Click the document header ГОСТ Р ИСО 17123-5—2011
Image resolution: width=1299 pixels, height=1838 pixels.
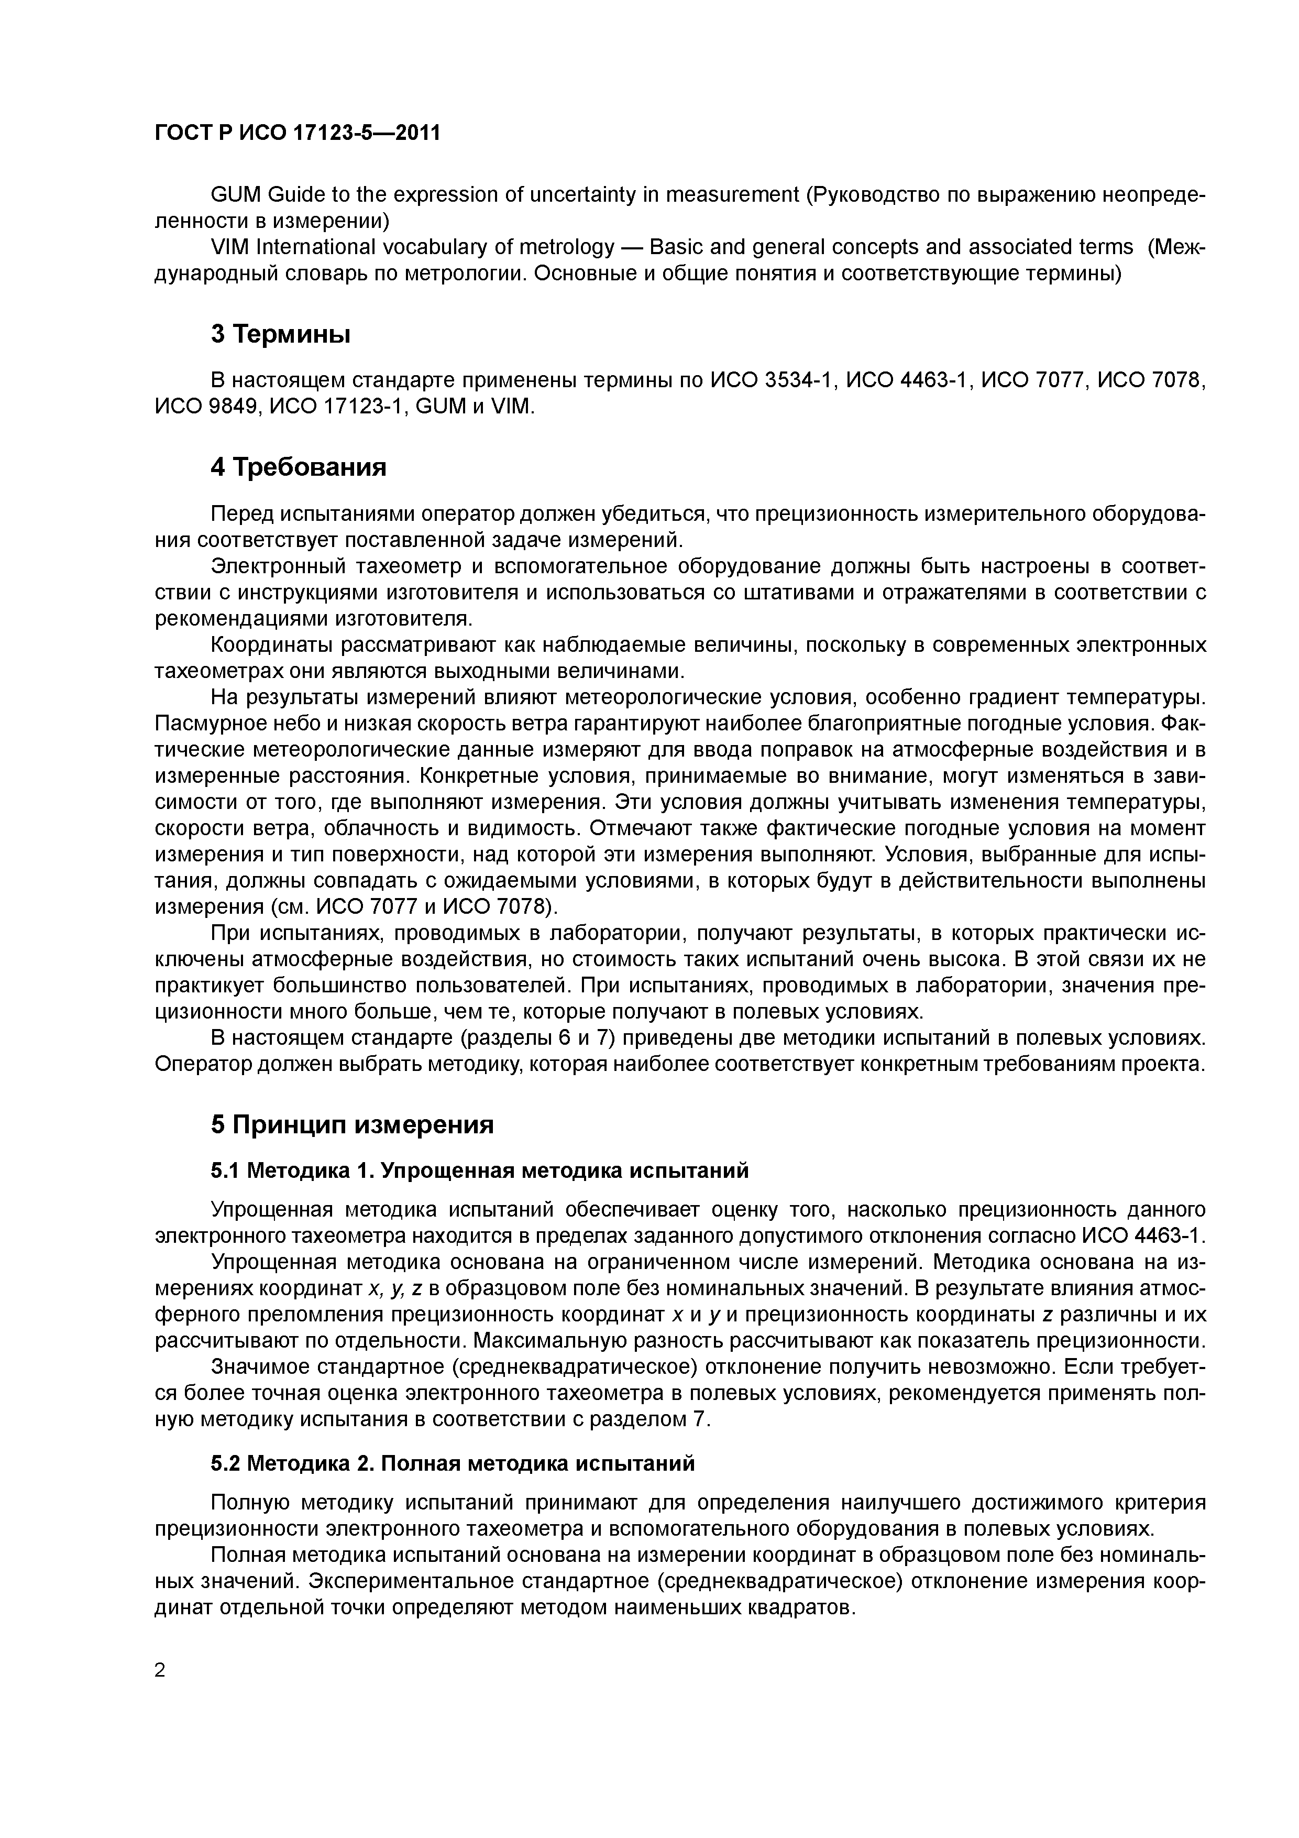pos(297,133)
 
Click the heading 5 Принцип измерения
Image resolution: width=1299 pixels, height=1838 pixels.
pos(352,1125)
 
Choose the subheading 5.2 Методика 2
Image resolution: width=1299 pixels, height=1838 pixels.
pos(452,1463)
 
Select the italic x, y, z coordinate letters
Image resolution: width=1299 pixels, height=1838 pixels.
pos(394,1288)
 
